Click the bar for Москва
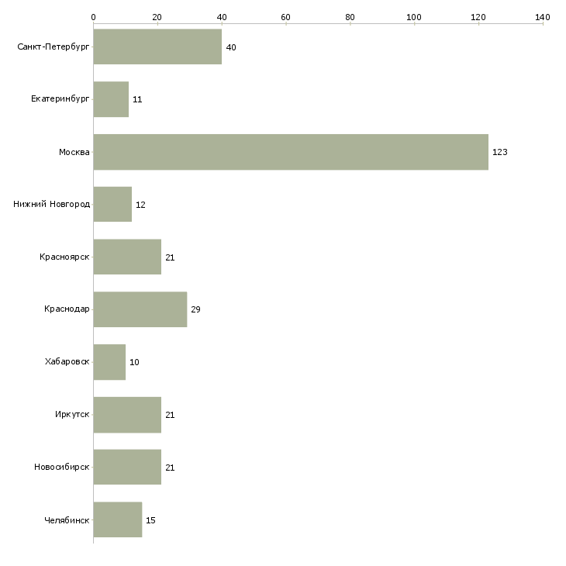click(291, 152)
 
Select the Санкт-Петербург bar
click(157, 47)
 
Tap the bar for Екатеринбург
click(111, 99)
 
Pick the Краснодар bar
click(140, 309)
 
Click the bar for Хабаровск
click(110, 362)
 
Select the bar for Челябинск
click(118, 519)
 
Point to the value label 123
click(500, 152)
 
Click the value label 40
click(231, 47)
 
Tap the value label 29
click(195, 309)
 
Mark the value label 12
click(140, 205)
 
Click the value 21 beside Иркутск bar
click(170, 415)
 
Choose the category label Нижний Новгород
click(52, 205)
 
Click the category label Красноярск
click(64, 257)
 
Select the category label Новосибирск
click(62, 467)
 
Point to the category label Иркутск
click(72, 414)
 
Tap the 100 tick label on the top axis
click(414, 17)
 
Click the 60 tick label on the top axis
click(285, 17)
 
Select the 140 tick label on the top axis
click(543, 17)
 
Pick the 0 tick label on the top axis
click(94, 17)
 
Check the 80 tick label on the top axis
click(350, 17)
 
